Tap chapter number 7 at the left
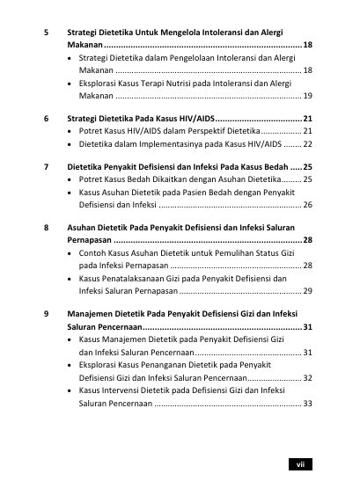coord(47,165)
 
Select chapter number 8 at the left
coord(47,227)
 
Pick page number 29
coord(306,289)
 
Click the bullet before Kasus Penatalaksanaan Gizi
coord(70,277)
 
